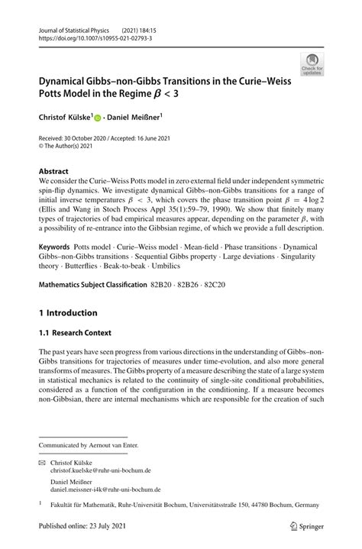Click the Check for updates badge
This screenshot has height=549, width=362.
[x=312, y=64]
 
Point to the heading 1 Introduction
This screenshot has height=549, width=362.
[x=68, y=312]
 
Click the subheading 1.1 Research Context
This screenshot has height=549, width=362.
[x=75, y=333]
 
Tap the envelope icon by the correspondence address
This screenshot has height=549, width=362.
[x=43, y=463]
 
